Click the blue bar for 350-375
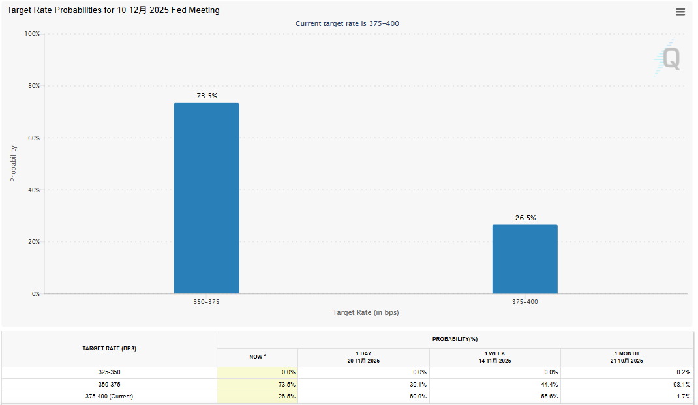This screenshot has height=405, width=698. (x=206, y=198)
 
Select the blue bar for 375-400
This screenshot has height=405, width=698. (x=524, y=259)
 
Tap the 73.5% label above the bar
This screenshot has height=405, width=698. (x=207, y=96)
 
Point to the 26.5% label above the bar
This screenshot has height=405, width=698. (x=525, y=218)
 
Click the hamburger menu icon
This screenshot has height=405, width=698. (x=680, y=12)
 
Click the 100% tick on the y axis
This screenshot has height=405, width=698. (x=32, y=34)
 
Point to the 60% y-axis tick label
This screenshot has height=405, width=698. (x=33, y=138)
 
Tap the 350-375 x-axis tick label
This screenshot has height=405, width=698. (x=206, y=302)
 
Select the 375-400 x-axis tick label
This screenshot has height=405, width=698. (x=525, y=302)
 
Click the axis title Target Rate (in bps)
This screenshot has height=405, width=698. (x=365, y=313)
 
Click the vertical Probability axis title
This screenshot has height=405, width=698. (x=13, y=163)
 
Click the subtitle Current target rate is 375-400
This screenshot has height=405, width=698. (x=347, y=23)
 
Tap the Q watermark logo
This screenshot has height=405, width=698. (x=670, y=58)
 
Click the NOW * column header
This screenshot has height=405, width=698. (x=257, y=357)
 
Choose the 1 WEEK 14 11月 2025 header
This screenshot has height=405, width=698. (x=494, y=357)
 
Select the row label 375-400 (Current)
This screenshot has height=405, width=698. (x=109, y=396)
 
